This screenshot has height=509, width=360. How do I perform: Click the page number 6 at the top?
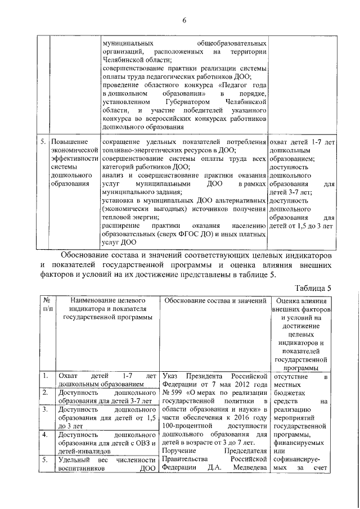(x=183, y=21)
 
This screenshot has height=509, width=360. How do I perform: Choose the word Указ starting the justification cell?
(x=171, y=375)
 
